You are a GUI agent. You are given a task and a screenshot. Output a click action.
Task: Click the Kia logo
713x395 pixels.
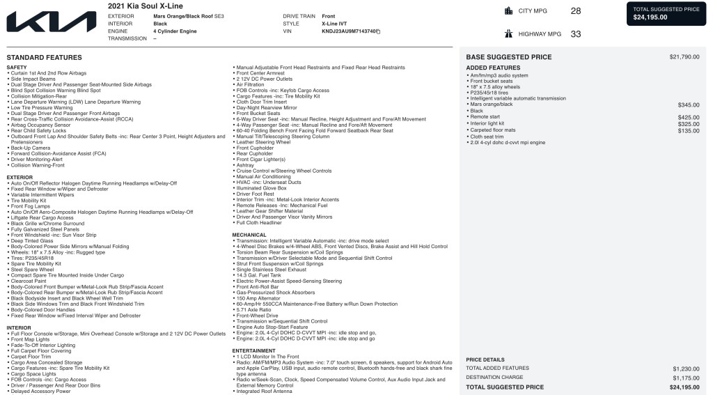pos(52,22)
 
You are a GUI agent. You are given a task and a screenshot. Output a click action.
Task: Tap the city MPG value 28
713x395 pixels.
pos(575,11)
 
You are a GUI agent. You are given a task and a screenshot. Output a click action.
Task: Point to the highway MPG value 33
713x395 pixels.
pos(575,33)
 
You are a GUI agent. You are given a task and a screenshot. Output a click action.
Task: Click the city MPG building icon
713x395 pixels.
pos(508,10)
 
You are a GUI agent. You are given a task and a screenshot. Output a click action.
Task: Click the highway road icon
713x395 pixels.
pos(508,33)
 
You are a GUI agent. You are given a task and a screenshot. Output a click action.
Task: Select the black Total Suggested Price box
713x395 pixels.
pos(666,13)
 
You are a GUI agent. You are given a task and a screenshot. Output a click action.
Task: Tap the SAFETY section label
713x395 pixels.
pos(17,68)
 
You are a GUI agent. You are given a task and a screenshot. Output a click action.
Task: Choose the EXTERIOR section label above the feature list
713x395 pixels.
pos(19,178)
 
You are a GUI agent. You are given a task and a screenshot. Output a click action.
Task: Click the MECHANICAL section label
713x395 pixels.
pos(249,235)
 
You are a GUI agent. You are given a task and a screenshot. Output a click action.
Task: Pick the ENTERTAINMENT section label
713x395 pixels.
pos(254,350)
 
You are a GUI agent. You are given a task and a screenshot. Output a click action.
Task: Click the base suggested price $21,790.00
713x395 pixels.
pos(684,57)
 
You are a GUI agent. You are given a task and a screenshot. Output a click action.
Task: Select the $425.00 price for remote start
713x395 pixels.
pos(688,117)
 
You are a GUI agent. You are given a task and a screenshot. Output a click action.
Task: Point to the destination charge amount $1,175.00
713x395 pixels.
pos(686,378)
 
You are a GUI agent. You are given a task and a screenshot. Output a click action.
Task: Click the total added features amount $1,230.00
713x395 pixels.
pos(686,368)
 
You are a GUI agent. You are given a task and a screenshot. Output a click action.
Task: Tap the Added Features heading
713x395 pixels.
pos(493,68)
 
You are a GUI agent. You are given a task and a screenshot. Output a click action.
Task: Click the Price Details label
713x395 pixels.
pos(485,359)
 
